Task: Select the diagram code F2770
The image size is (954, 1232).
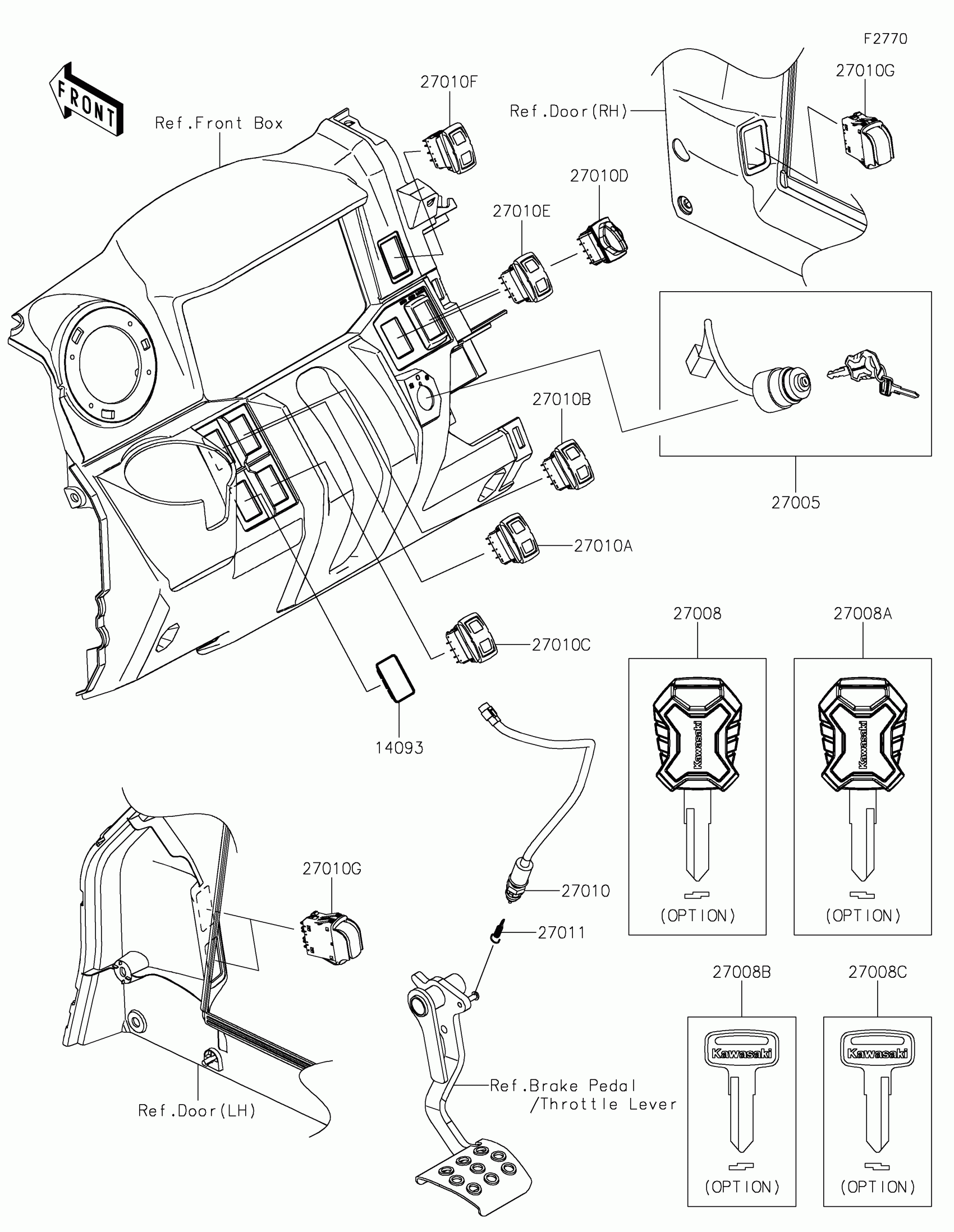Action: click(885, 39)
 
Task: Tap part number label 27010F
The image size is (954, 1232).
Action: click(448, 82)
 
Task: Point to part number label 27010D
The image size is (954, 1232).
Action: click(599, 176)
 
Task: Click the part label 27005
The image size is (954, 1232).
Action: click(796, 503)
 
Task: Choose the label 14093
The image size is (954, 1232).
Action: click(400, 748)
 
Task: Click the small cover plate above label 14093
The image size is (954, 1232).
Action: click(396, 678)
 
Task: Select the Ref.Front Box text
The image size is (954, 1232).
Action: click(219, 123)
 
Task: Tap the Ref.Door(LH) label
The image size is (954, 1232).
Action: click(197, 1111)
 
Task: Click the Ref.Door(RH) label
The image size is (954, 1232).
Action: click(568, 112)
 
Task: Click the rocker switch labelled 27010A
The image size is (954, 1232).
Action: click(513, 540)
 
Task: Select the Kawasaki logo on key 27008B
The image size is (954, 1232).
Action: click(741, 1053)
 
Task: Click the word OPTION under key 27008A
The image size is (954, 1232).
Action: click(863, 916)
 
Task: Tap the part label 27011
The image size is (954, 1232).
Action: click(561, 933)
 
